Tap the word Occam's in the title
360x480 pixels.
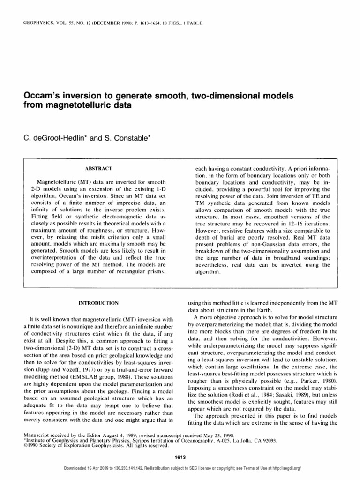tap(42, 96)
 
